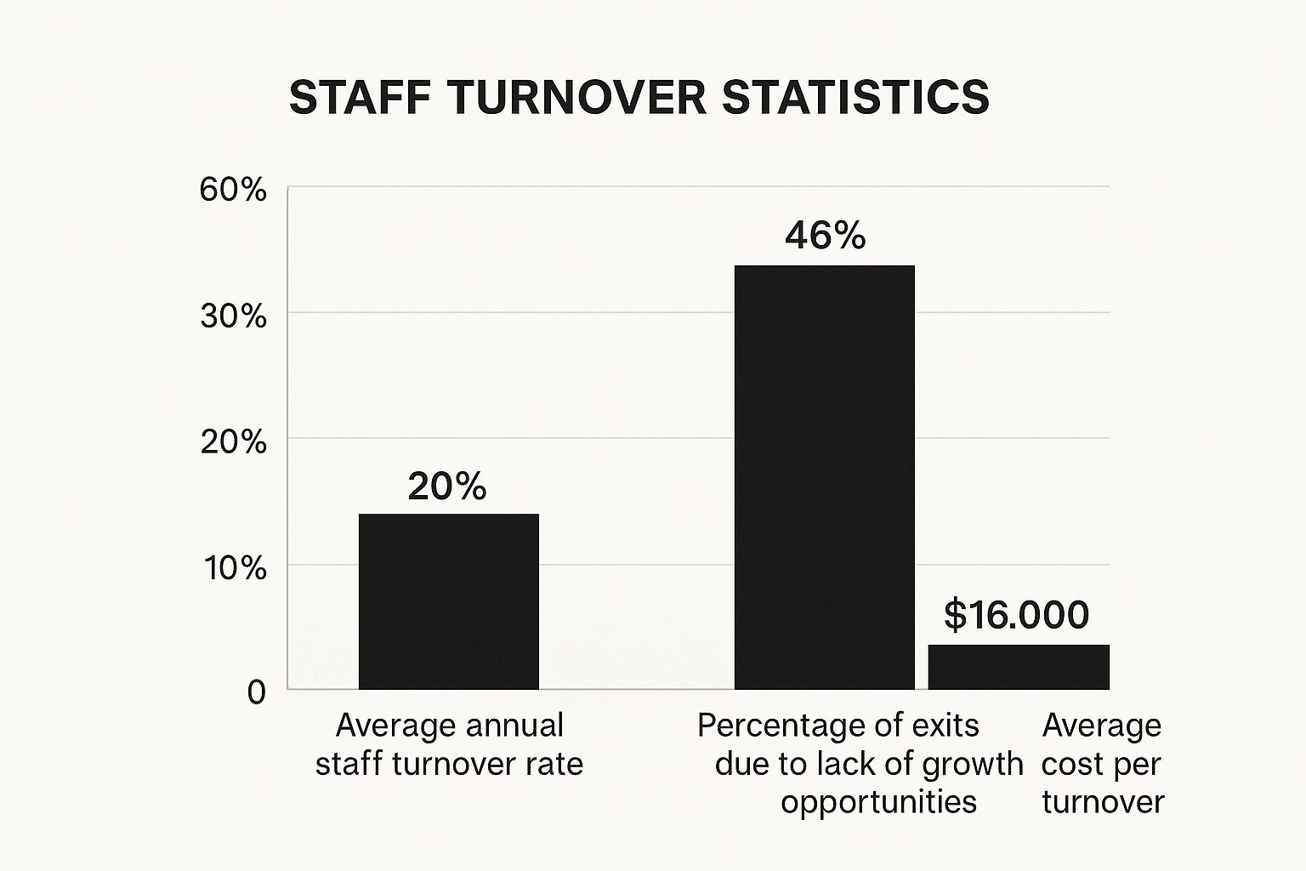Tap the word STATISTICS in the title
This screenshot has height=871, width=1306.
point(855,98)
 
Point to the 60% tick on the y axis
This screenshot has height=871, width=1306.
point(233,190)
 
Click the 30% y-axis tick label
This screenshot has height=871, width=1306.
point(233,316)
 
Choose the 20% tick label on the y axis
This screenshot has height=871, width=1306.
point(233,442)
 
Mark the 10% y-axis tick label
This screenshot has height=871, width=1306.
point(233,567)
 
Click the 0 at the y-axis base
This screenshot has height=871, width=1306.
point(256,692)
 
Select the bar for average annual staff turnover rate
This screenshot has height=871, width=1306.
point(448,601)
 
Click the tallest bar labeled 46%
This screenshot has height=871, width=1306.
point(824,477)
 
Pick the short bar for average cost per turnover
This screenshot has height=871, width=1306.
point(1019,667)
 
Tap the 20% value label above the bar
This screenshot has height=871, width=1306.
point(447,487)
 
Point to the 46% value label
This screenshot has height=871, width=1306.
point(825,236)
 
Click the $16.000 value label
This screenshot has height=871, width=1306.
point(1016,615)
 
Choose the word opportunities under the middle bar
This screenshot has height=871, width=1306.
point(878,801)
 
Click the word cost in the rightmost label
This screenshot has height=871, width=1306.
point(1070,764)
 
